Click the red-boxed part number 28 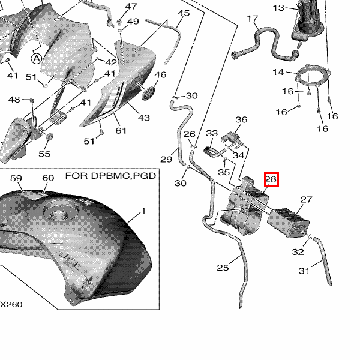click(x=271, y=179)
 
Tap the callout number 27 click(x=306, y=200)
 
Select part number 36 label click(x=241, y=119)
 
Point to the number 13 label click(x=278, y=8)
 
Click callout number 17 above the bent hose click(x=253, y=19)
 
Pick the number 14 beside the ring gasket click(x=278, y=72)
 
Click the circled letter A click(x=36, y=59)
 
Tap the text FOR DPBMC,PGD click(x=110, y=176)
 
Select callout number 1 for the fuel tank click(x=143, y=211)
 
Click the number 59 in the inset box click(x=16, y=178)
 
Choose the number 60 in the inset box click(x=48, y=178)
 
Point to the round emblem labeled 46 click(x=148, y=93)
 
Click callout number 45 click(x=184, y=13)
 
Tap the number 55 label click(x=44, y=154)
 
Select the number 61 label click(x=121, y=131)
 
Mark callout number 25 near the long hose click(x=223, y=268)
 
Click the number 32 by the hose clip click(x=298, y=252)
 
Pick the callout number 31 click(x=304, y=271)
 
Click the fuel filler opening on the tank click(x=61, y=214)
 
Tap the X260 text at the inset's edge click(x=11, y=304)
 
